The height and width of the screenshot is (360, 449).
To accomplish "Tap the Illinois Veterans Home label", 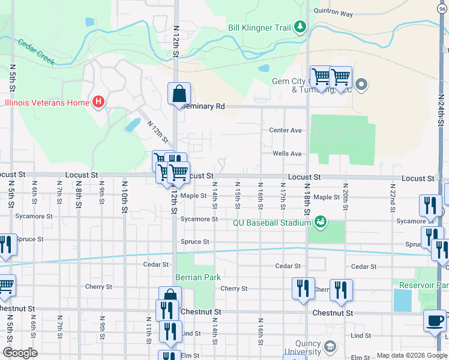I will click(x=47, y=103).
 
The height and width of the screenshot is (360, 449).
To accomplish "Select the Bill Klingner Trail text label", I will click(x=259, y=27).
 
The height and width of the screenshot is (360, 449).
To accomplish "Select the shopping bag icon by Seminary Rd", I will click(x=179, y=94).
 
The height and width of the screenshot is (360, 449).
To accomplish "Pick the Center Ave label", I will click(x=285, y=130).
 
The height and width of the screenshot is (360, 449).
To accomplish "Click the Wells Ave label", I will click(x=287, y=154).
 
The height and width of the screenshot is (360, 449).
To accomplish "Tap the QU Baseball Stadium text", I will click(x=272, y=223).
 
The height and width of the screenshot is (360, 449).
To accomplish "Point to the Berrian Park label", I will click(x=198, y=277).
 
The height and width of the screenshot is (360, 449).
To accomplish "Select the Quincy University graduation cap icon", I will click(x=330, y=347).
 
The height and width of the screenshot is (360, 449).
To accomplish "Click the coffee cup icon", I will click(x=435, y=321).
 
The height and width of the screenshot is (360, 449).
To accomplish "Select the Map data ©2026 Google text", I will click(x=411, y=355).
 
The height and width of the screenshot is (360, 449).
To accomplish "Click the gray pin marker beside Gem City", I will click(x=361, y=85).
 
